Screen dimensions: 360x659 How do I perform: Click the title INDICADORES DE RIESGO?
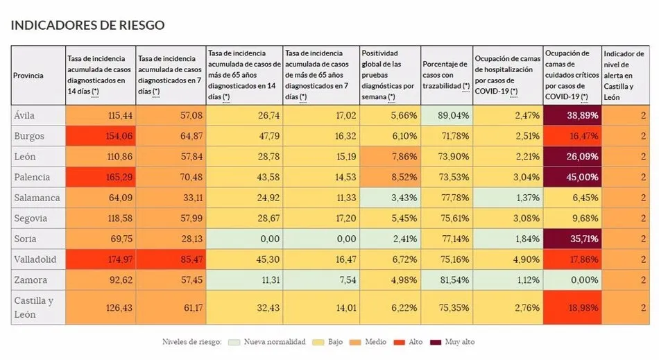click(87, 26)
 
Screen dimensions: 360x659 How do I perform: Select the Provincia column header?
click(28, 75)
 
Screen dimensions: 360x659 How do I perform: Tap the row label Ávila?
click(24, 115)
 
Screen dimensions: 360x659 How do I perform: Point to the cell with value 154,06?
click(100, 136)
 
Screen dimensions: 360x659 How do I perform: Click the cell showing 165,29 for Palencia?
click(100, 177)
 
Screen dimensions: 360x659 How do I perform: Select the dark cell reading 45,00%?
click(572, 177)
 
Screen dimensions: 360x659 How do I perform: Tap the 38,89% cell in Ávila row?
click(572, 115)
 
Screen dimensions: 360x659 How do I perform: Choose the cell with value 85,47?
click(171, 259)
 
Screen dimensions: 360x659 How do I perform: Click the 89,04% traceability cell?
click(446, 115)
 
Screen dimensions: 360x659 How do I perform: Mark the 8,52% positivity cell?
click(389, 177)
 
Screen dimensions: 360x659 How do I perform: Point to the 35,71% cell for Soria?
click(572, 239)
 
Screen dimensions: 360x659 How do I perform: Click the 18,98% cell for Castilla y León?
click(572, 307)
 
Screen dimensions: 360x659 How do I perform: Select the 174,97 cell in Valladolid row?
click(100, 259)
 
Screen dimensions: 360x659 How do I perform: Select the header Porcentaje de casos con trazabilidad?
click(446, 75)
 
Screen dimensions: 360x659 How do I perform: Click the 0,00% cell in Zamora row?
click(572, 280)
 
